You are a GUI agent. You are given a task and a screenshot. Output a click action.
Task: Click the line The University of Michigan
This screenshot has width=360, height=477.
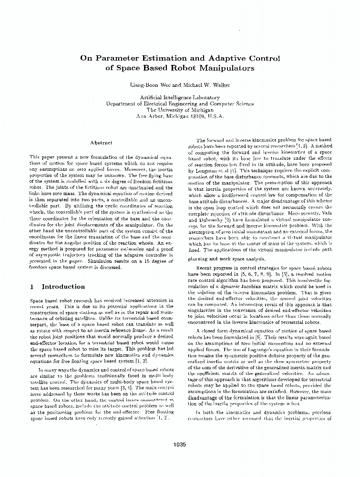click(180, 109)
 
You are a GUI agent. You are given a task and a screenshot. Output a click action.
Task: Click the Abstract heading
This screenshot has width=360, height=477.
click(101, 142)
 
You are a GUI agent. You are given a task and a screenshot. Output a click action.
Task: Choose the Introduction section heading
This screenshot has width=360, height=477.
click(63, 287)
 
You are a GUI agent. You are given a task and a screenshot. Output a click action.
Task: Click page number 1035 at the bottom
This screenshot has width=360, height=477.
click(180, 444)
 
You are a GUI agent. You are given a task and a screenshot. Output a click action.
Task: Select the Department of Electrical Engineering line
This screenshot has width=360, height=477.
click(180, 103)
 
